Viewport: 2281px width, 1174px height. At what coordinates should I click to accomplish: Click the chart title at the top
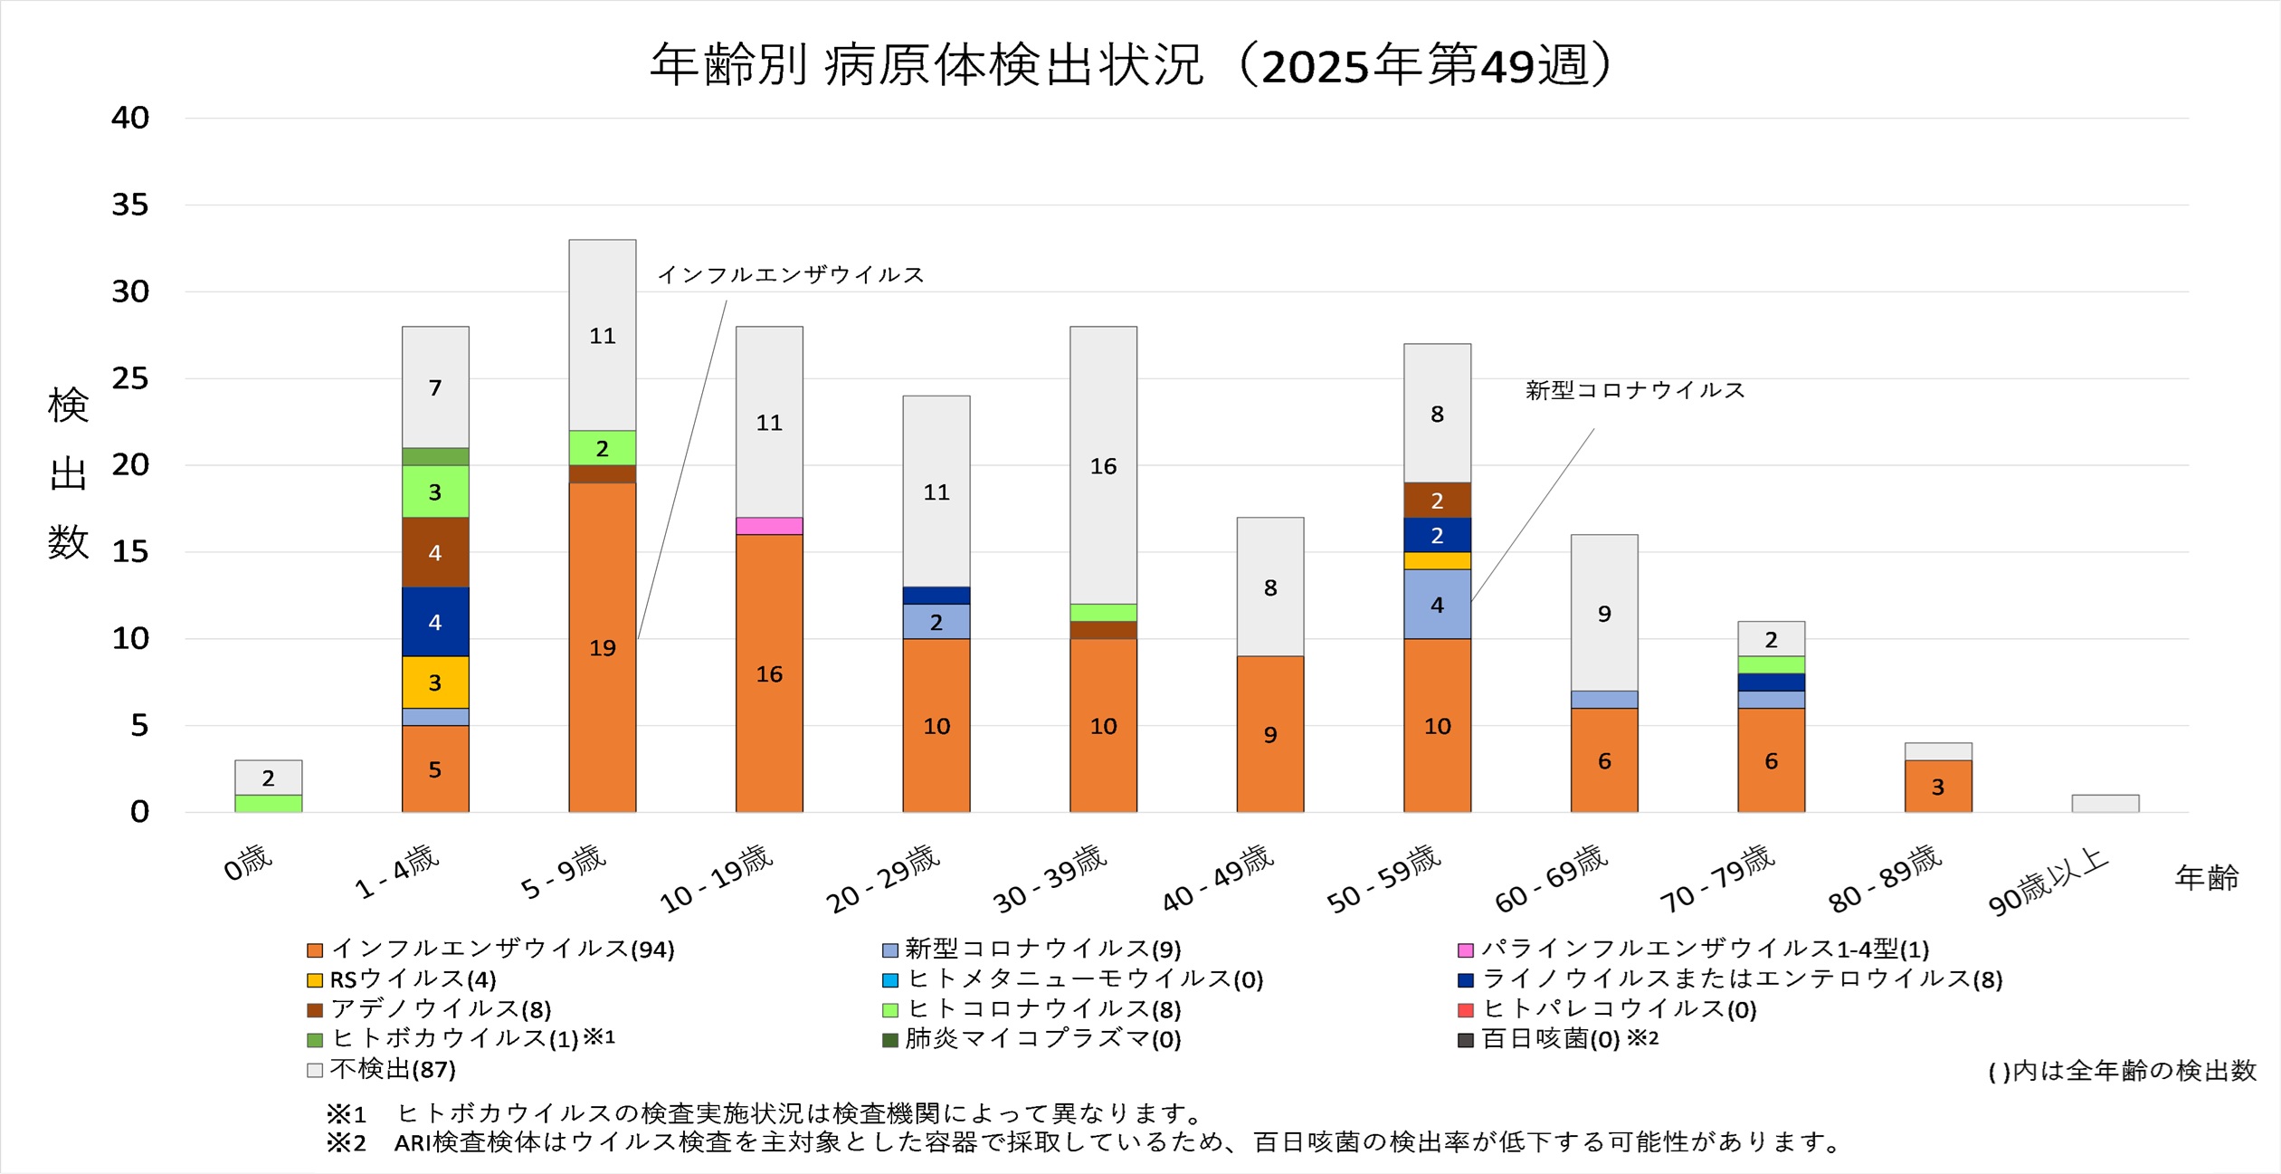[1131, 65]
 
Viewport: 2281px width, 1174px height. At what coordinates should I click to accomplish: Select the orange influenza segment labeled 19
[602, 647]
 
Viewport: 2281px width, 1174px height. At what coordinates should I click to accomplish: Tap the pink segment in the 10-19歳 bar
[769, 526]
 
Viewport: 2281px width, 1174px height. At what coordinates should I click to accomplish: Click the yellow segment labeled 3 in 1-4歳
[435, 682]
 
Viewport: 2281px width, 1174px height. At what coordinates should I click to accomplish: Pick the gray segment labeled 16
[1103, 465]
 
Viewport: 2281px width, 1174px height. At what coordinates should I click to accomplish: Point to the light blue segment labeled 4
[1437, 604]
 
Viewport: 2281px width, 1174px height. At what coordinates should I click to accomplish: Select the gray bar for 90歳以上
[2105, 803]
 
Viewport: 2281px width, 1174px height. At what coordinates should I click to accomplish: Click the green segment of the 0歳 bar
[268, 803]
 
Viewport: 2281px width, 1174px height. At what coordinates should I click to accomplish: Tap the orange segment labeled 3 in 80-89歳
[1937, 786]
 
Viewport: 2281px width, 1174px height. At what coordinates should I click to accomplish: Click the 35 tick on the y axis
[130, 205]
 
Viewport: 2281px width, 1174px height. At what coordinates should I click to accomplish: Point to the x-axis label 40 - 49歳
[1218, 877]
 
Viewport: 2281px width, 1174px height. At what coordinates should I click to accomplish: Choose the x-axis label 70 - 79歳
[1717, 877]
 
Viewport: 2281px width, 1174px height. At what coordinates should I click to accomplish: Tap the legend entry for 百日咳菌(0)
[1549, 1039]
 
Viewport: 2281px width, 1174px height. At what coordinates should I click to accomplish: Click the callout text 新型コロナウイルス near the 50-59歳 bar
[1634, 390]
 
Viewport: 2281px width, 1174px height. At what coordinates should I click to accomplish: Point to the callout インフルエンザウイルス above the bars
[790, 274]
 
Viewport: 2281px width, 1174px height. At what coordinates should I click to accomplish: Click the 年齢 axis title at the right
[2206, 877]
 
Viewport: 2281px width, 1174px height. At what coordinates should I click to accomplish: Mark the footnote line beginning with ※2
[1084, 1142]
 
